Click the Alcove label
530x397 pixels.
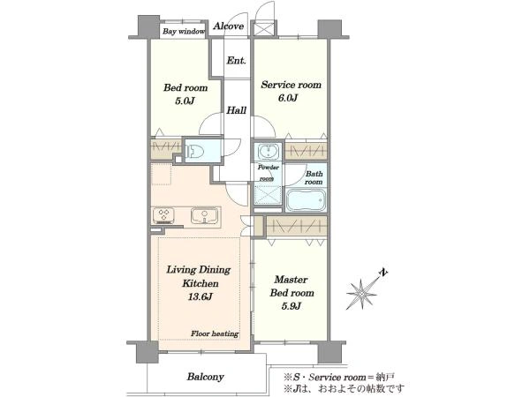point(229,26)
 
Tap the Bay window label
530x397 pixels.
point(184,32)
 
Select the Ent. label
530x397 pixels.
point(236,61)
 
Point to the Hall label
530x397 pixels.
point(236,110)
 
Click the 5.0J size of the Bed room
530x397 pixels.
point(185,101)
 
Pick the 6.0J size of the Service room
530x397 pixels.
point(288,98)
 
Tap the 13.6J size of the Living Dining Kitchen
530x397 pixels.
point(201,296)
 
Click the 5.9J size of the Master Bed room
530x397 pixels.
point(291,306)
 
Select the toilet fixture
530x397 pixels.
point(194,151)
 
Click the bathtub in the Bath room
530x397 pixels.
point(306,199)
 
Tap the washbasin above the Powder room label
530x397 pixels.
point(269,151)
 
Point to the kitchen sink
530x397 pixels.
point(204,215)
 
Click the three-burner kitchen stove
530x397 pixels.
point(163,216)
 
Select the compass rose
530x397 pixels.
point(361,295)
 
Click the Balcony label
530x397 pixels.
point(206,377)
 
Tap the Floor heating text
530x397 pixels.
point(215,333)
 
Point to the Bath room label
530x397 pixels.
point(314,178)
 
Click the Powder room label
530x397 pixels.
point(268,173)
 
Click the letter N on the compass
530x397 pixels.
point(383,272)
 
